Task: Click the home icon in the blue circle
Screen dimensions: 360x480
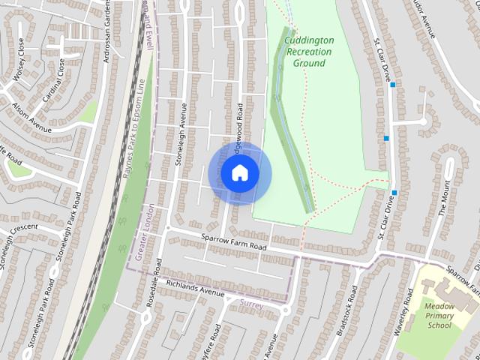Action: click(x=240, y=172)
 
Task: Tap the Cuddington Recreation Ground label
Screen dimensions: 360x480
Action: click(x=309, y=52)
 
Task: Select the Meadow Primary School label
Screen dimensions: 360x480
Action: click(x=439, y=315)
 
